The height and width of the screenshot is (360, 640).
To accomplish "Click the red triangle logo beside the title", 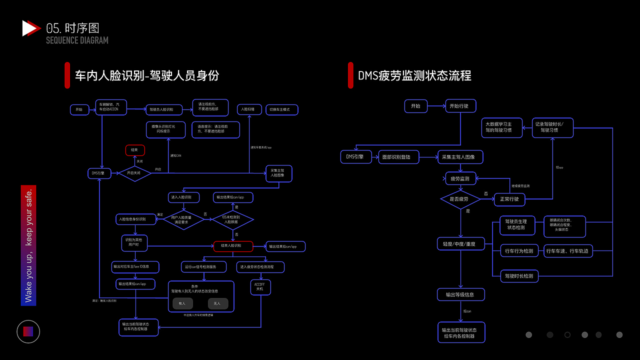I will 30,28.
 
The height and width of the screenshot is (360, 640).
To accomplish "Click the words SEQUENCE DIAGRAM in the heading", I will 77,40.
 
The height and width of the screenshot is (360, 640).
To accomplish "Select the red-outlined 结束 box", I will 135,150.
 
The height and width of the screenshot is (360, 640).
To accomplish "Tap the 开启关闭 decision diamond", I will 134,173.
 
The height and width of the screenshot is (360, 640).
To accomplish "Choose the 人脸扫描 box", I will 248,109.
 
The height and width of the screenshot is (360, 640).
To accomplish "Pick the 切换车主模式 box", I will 281,109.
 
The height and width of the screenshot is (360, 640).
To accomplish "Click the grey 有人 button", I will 182,303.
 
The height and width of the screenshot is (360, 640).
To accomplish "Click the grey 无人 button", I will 217,303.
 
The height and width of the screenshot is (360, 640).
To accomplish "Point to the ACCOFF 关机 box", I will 260,286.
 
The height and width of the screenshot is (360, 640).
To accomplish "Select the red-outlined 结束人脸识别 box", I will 233,246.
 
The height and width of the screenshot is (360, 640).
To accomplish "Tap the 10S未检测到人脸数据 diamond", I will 233,219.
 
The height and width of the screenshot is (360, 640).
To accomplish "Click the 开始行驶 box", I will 460,106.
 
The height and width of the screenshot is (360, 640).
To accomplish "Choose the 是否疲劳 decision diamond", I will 460,199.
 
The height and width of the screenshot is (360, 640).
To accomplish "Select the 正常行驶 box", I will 509,199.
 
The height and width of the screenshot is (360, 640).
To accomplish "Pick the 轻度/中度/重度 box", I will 460,244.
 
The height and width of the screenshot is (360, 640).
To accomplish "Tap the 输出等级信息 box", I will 460,294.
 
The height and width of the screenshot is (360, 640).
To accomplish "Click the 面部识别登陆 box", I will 399,157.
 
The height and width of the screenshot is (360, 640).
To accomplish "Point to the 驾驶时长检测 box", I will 519,276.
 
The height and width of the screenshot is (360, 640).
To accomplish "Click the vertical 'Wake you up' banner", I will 28,245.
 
